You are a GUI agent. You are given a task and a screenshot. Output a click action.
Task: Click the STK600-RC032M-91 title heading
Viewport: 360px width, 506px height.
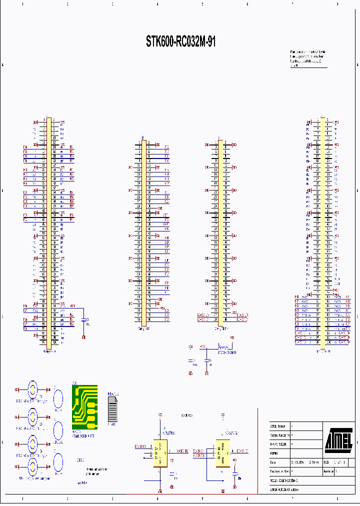click(x=180, y=42)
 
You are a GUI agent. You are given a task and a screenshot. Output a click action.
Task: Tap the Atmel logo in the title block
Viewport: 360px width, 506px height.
click(x=338, y=439)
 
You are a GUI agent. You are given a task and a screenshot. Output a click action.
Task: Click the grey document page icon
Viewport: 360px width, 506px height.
click(x=113, y=410)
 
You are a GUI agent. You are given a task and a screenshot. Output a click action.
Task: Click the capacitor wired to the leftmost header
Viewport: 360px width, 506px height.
click(x=83, y=320)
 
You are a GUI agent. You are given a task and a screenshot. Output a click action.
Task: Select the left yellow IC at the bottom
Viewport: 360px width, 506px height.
click(x=159, y=453)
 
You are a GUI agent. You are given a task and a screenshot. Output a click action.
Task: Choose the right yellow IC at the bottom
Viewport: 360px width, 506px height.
click(x=222, y=453)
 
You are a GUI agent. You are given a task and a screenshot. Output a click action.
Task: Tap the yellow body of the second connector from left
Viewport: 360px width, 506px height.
click(x=144, y=232)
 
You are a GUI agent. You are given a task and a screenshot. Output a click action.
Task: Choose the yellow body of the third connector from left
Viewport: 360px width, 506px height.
click(x=220, y=232)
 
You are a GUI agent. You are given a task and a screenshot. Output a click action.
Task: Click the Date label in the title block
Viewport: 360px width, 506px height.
click(x=273, y=462)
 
